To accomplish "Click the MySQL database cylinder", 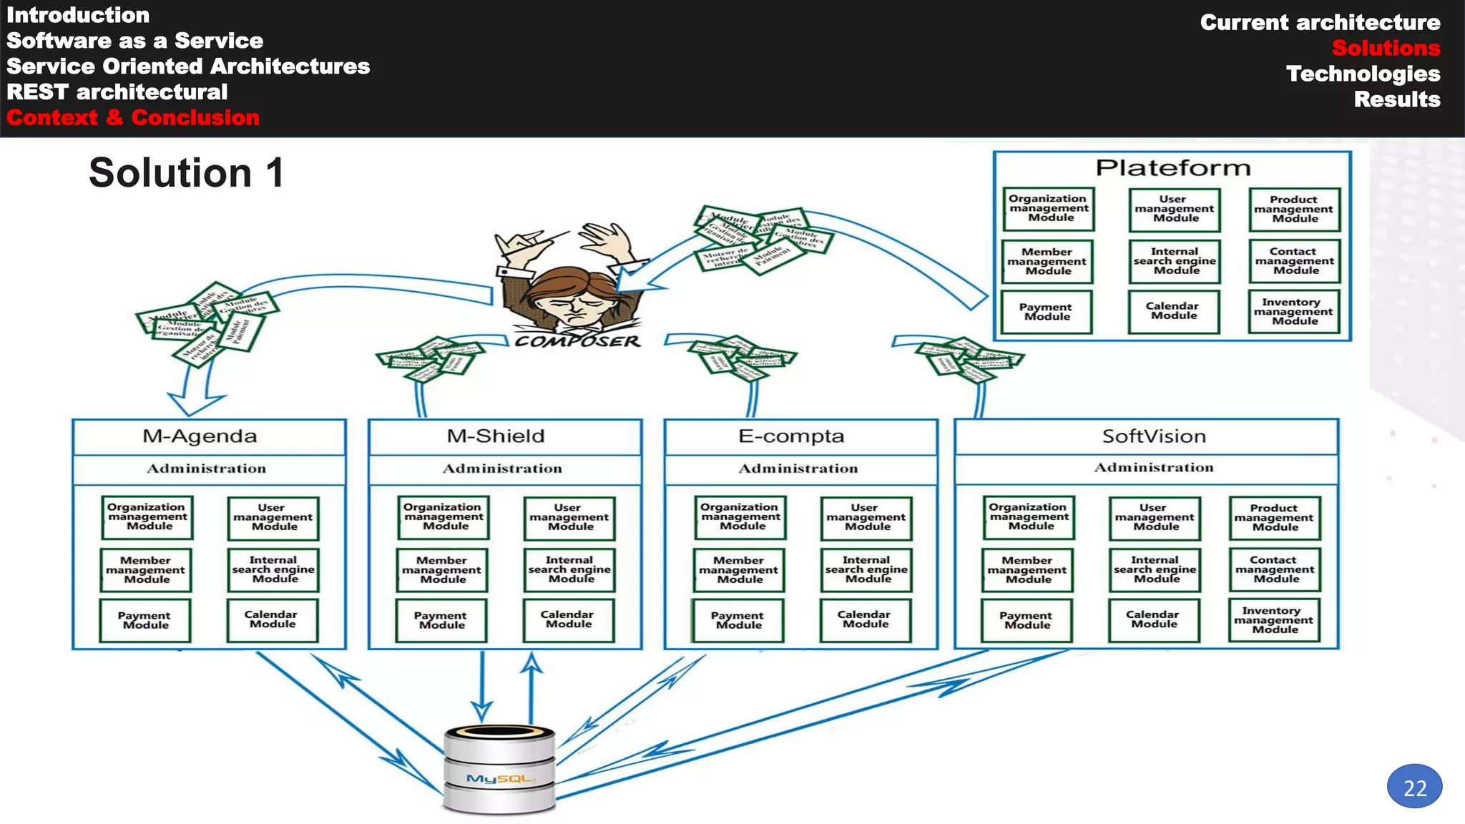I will click(499, 770).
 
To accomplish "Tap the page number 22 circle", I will click(1414, 787).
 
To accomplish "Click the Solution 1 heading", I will click(186, 173).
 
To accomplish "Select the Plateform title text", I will click(1173, 168).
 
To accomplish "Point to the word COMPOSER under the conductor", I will click(577, 342).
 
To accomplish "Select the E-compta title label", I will click(791, 436).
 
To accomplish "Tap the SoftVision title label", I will click(1153, 436).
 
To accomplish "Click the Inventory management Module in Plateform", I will click(1293, 312).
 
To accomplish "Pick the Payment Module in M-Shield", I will click(441, 620).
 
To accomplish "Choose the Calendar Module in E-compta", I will click(865, 619).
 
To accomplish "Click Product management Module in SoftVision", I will click(1274, 518).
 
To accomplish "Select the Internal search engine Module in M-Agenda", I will click(273, 570).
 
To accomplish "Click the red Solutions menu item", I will click(1385, 48).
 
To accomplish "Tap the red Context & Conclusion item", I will click(133, 117).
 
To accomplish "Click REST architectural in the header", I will click(117, 92).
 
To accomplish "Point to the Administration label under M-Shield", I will click(502, 469).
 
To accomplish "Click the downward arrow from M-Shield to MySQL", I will click(482, 687).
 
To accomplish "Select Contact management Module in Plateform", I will click(1294, 261).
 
